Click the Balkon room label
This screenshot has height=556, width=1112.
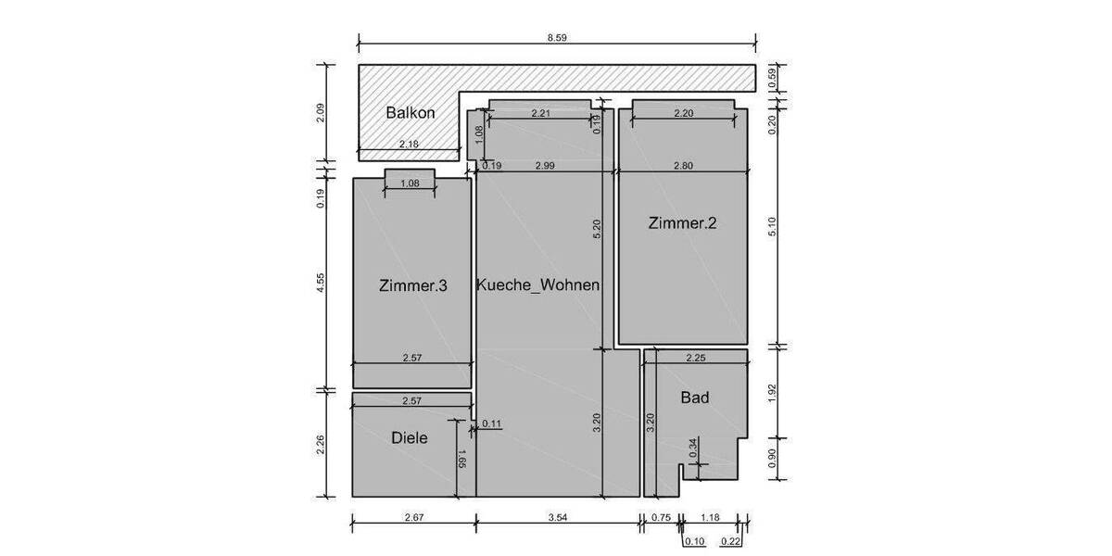[x=411, y=113]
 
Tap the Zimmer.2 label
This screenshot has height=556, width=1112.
[x=683, y=222]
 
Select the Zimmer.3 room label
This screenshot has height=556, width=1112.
[x=413, y=286]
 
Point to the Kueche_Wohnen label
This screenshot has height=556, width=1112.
[x=537, y=285]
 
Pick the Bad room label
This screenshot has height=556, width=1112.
[x=695, y=398]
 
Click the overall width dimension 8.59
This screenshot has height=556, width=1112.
[x=556, y=38]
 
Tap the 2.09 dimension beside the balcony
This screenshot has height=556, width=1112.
[x=320, y=113]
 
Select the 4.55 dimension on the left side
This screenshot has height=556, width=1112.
[x=320, y=283]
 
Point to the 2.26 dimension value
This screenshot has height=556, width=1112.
[x=320, y=446]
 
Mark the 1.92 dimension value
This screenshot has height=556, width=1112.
[x=774, y=392]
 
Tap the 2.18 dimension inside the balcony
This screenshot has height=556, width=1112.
[x=409, y=145]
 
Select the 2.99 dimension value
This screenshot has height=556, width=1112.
[x=545, y=166]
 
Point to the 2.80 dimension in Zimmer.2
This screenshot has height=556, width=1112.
[x=683, y=166]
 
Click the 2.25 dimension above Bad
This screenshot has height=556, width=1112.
[x=696, y=358]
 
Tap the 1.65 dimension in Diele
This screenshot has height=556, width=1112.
[x=460, y=458]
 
